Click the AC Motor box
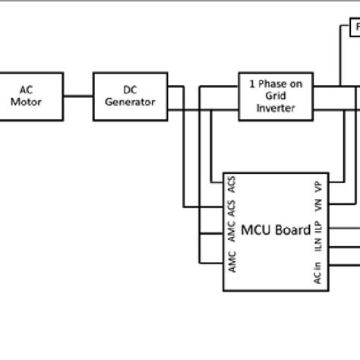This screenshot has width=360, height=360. pos(32,96)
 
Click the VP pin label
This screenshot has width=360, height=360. pos(320,187)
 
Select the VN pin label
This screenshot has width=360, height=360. pos(320,207)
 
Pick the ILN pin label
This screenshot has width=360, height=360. pos(320,248)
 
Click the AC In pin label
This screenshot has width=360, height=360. pos(320,272)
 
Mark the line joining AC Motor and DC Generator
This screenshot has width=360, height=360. pos(78,96)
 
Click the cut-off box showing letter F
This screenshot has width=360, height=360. pos(354,30)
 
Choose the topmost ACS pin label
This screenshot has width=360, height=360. pos(232,185)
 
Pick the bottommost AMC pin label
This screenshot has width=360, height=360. pos(232,263)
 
